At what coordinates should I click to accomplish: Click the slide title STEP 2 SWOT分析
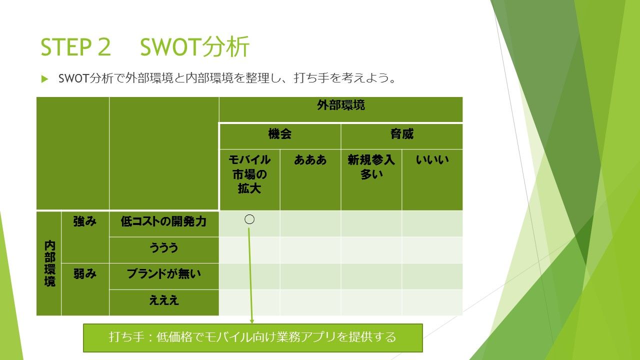point(145,47)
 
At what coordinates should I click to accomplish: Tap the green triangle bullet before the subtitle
point(44,79)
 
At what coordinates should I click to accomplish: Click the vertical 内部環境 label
point(49,263)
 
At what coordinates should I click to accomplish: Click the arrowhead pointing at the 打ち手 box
point(251,321)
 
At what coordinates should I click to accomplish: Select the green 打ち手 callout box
point(253,338)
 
